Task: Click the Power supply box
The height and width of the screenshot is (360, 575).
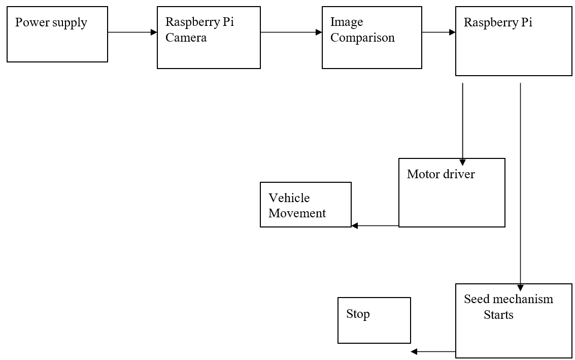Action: click(57, 34)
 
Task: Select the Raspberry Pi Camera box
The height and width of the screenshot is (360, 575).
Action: click(209, 38)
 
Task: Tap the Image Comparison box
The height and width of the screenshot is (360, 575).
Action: click(371, 38)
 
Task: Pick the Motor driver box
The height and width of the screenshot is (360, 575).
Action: click(452, 192)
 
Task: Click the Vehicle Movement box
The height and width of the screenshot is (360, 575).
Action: click(306, 205)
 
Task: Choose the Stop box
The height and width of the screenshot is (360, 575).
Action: click(374, 320)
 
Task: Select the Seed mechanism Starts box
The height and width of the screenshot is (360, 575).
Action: click(514, 321)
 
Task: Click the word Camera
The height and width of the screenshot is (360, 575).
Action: click(186, 38)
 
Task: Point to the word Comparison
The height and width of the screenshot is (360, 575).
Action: click(362, 38)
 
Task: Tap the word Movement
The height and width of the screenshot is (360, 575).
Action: click(297, 213)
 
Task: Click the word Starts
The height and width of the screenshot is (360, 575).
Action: click(498, 315)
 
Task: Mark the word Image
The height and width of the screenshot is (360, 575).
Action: click(347, 22)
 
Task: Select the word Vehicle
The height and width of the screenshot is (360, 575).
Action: click(289, 198)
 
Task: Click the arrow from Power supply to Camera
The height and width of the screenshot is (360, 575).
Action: click(132, 32)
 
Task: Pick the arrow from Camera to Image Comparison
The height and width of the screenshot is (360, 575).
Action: click(291, 32)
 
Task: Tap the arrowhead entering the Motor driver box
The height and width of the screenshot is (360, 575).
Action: click(463, 162)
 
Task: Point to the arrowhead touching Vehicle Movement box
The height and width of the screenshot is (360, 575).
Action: click(355, 225)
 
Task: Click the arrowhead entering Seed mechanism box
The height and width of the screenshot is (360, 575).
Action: click(520, 287)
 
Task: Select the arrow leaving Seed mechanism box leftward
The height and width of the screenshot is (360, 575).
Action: click(433, 351)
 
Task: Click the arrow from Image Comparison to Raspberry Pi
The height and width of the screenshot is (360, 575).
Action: click(438, 32)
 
